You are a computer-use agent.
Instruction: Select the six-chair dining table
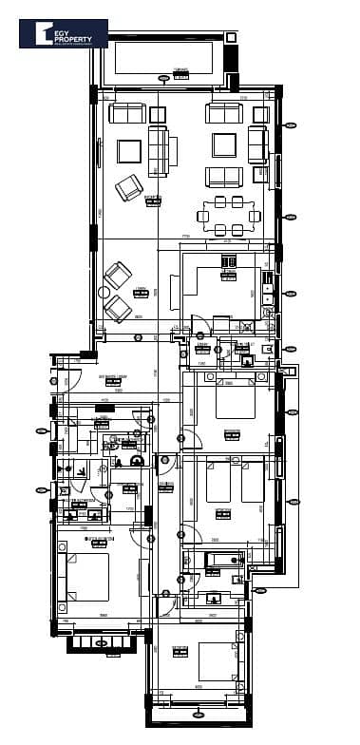tap(228, 216)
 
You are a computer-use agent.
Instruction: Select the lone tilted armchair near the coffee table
tap(129, 187)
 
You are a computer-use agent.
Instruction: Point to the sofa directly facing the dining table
tap(224, 177)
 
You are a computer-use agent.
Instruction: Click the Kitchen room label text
tap(228, 277)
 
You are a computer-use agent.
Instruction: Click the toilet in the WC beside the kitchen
tap(247, 359)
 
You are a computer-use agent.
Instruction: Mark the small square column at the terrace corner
tap(229, 35)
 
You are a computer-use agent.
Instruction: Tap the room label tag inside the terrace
tap(180, 74)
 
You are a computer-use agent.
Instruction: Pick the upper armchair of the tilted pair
tap(117, 277)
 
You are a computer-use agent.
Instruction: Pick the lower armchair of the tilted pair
tap(118, 308)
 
